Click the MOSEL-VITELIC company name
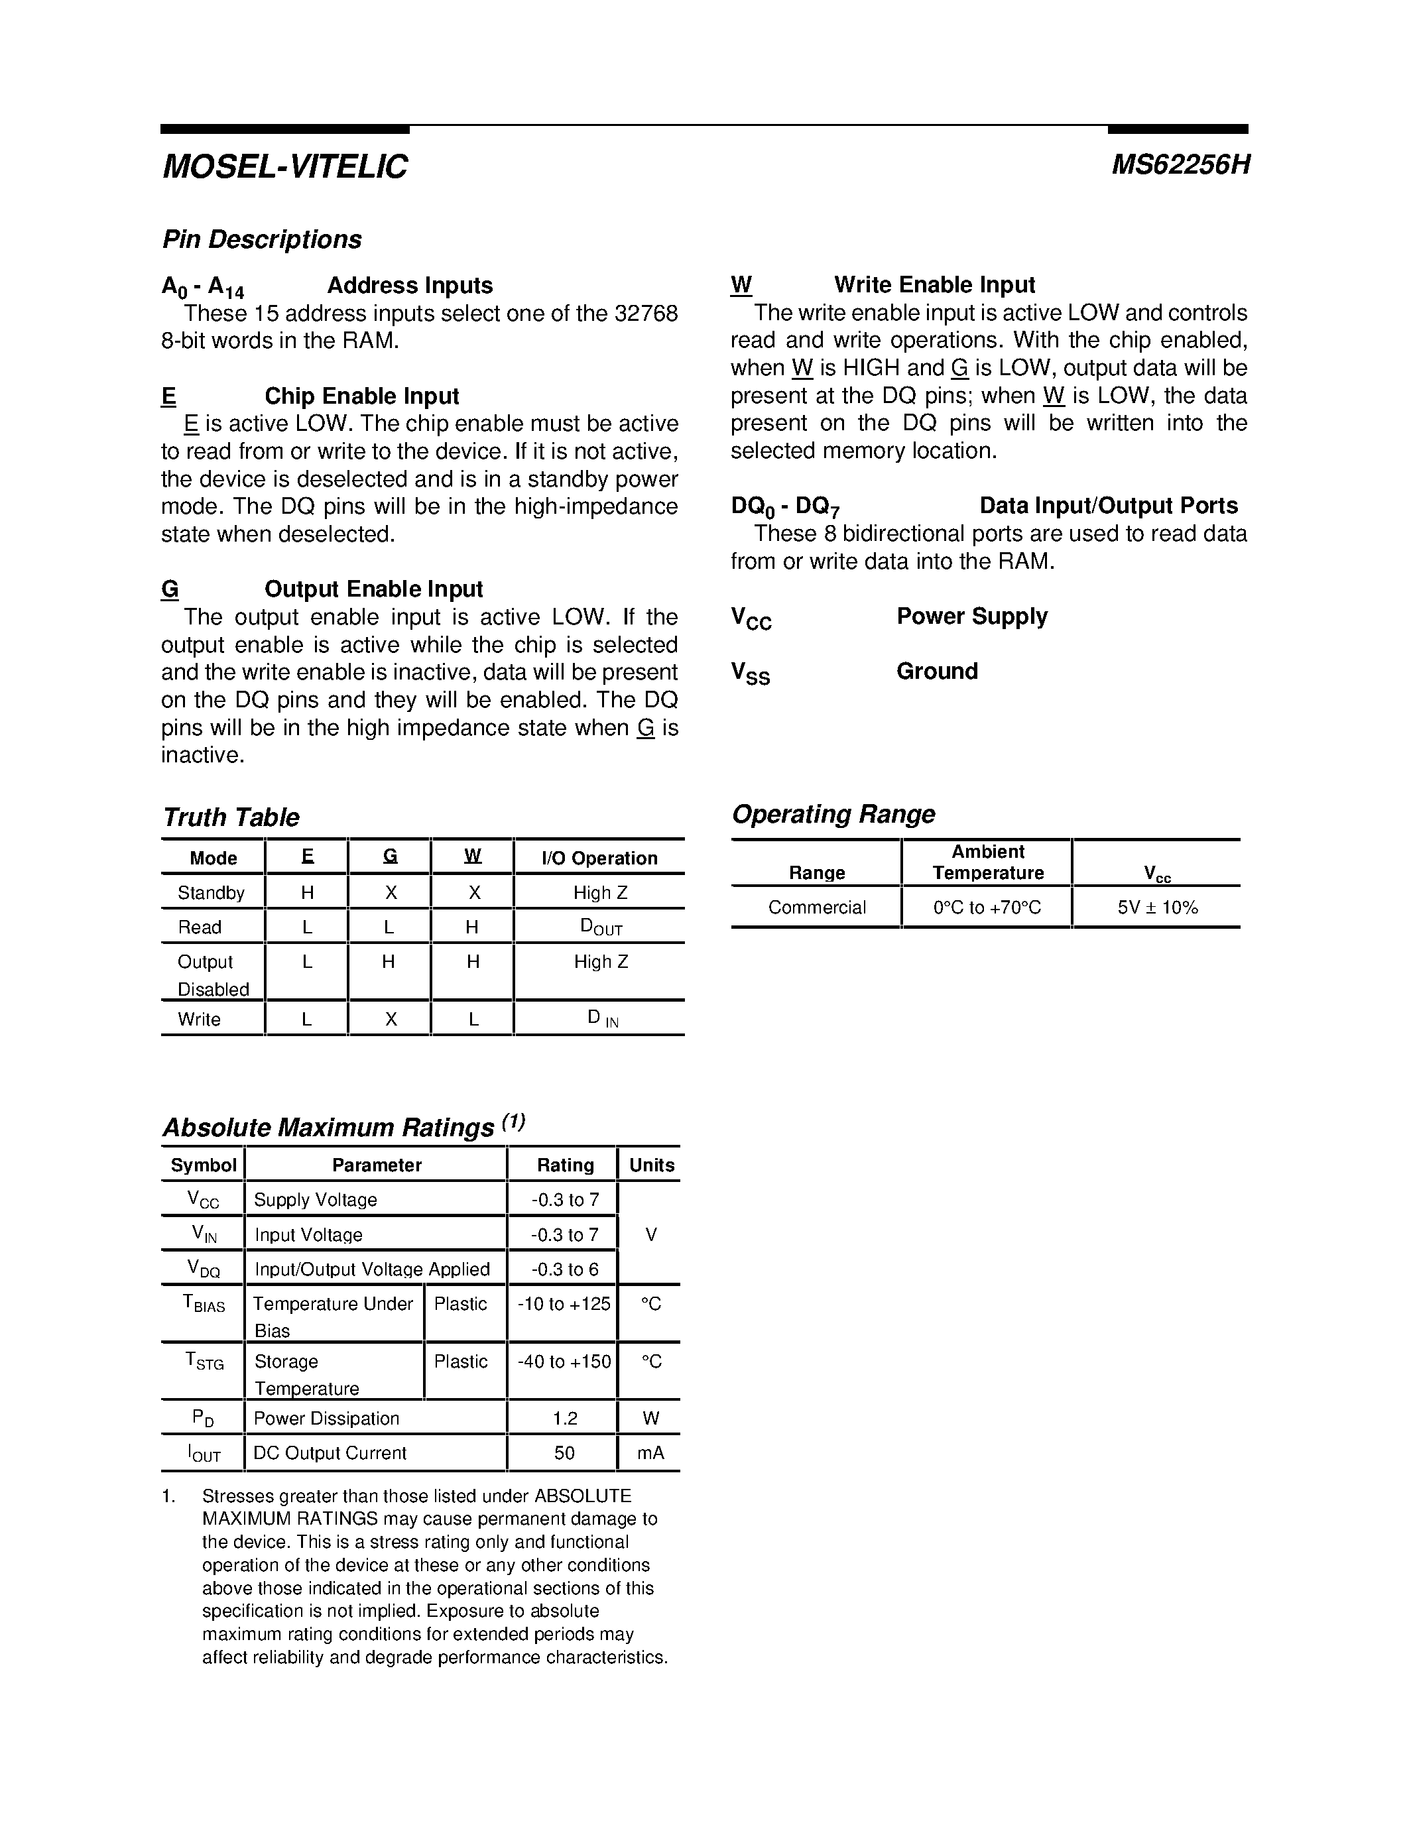click(x=284, y=167)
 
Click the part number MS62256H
click(x=1180, y=165)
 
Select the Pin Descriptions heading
click(x=261, y=239)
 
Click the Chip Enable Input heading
click(x=361, y=396)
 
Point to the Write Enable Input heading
click(x=934, y=286)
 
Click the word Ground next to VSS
click(x=936, y=671)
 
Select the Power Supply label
click(x=971, y=617)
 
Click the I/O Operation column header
click(x=599, y=858)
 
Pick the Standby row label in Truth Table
click(x=211, y=893)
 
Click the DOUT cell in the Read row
click(x=600, y=927)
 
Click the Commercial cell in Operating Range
click(x=816, y=908)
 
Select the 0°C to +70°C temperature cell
click(x=987, y=908)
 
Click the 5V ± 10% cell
click(x=1157, y=908)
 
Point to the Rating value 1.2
click(x=564, y=1418)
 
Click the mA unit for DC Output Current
click(x=650, y=1453)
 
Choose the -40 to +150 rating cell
click(x=564, y=1362)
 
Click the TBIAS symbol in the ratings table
click(x=204, y=1304)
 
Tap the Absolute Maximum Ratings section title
click(x=328, y=1128)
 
